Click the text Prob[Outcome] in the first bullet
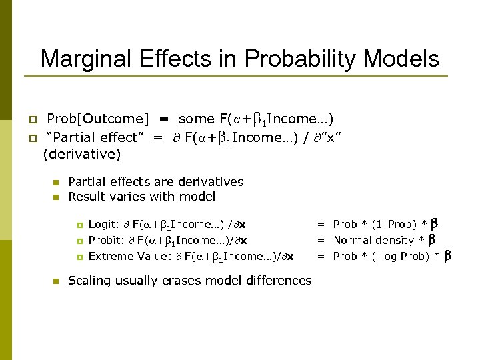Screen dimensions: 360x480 point(98,119)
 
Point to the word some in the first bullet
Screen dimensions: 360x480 point(197,119)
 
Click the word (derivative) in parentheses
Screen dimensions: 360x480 point(81,155)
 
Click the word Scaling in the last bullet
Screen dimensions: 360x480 point(90,281)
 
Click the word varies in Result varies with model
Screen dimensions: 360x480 point(123,197)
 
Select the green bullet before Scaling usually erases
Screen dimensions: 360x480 point(56,281)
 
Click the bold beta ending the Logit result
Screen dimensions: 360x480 point(435,223)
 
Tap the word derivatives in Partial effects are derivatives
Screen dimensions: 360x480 point(212,182)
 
